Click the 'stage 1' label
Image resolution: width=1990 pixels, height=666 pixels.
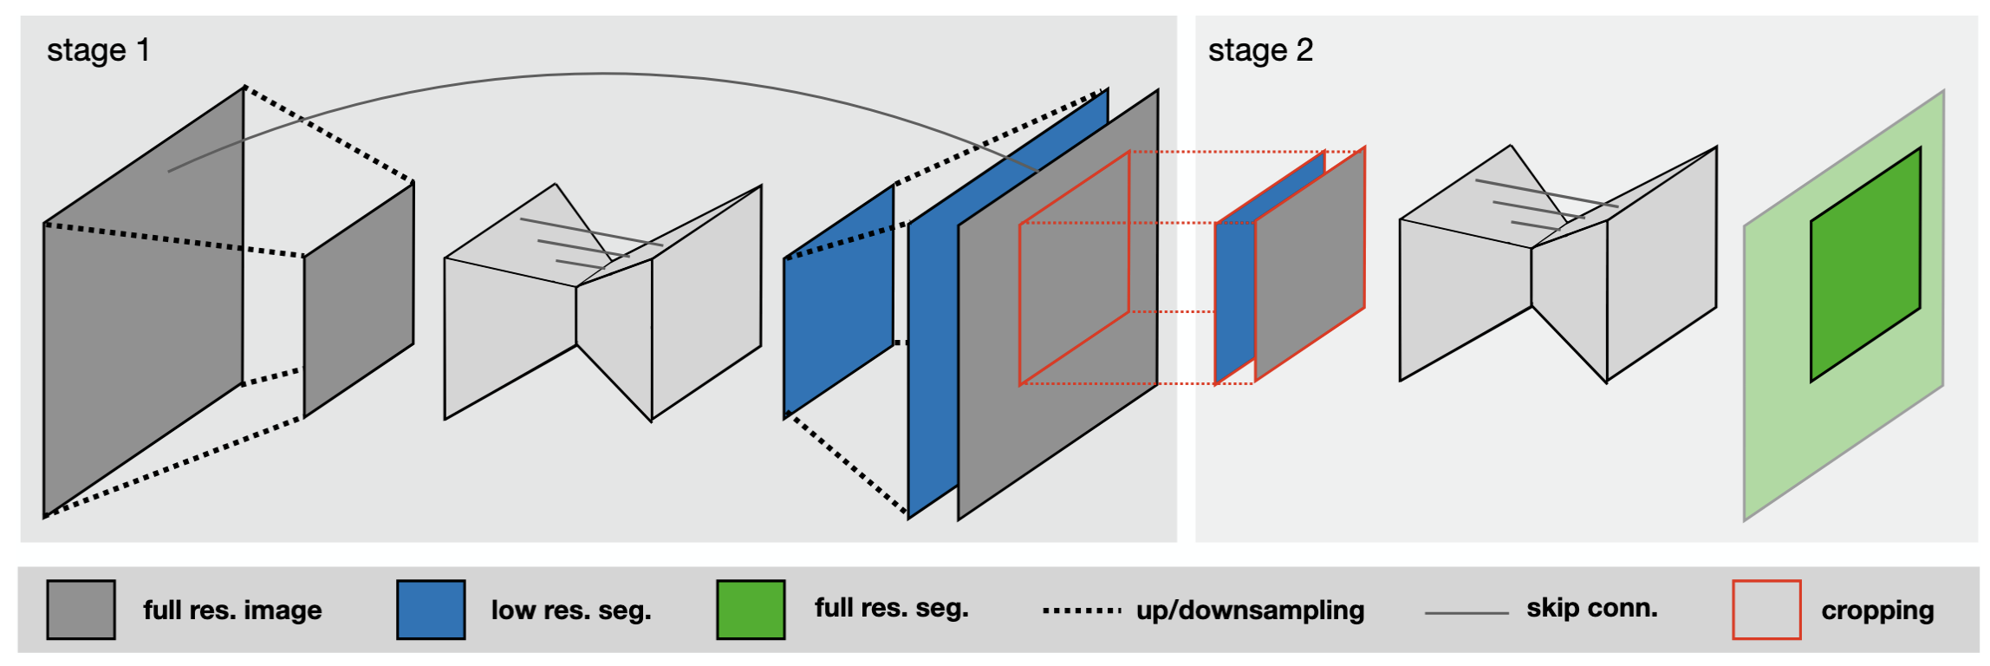pos(98,50)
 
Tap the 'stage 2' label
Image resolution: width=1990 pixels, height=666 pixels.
pos(1260,50)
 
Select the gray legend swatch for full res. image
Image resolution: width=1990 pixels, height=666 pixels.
pos(81,610)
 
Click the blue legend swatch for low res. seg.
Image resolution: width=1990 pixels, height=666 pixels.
pos(431,610)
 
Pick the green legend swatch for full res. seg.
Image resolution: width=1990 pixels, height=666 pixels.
pos(751,610)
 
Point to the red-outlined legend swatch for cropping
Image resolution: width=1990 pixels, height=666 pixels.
pos(1766,610)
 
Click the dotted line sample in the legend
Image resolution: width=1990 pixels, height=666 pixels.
pos(1082,610)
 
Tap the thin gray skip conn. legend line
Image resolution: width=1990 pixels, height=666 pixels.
pos(1466,613)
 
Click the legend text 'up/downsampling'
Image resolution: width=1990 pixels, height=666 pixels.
pos(1250,610)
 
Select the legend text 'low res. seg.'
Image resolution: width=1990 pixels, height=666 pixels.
pos(571,610)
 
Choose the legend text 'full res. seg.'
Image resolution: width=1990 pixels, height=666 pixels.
pos(891,608)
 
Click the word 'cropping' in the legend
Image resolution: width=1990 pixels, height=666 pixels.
pos(1877,610)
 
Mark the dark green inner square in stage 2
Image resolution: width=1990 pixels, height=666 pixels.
pos(1865,264)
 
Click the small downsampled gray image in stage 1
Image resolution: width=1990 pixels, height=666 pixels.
pos(359,299)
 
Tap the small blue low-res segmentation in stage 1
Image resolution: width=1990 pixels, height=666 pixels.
pos(838,301)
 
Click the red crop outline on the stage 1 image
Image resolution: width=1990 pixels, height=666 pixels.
pos(1020,304)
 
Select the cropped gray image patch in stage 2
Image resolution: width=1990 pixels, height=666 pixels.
pos(1310,264)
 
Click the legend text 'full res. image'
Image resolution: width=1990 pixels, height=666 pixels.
pos(232,610)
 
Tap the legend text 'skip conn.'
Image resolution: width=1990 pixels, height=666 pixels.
pos(1591,608)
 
